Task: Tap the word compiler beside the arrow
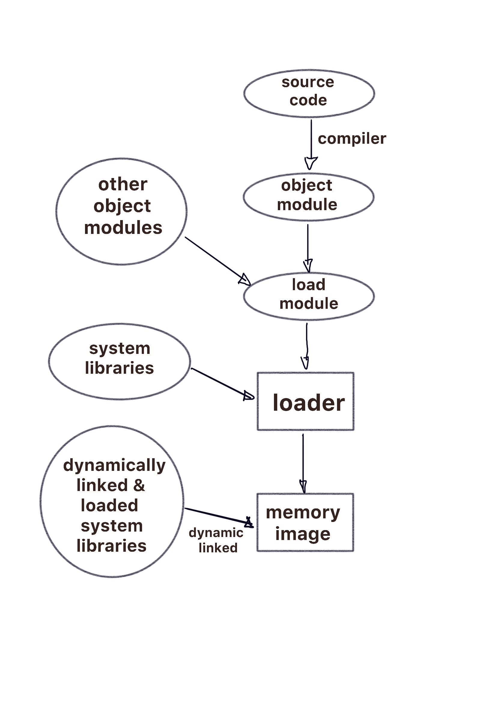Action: (352, 139)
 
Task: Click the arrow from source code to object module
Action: (311, 145)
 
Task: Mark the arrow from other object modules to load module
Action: (218, 261)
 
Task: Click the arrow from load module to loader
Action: (306, 346)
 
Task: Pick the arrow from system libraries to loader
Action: (222, 384)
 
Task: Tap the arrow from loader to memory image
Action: (303, 463)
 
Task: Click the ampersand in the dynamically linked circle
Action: (139, 485)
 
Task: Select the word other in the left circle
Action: (123, 184)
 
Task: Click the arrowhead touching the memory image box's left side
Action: (249, 523)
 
